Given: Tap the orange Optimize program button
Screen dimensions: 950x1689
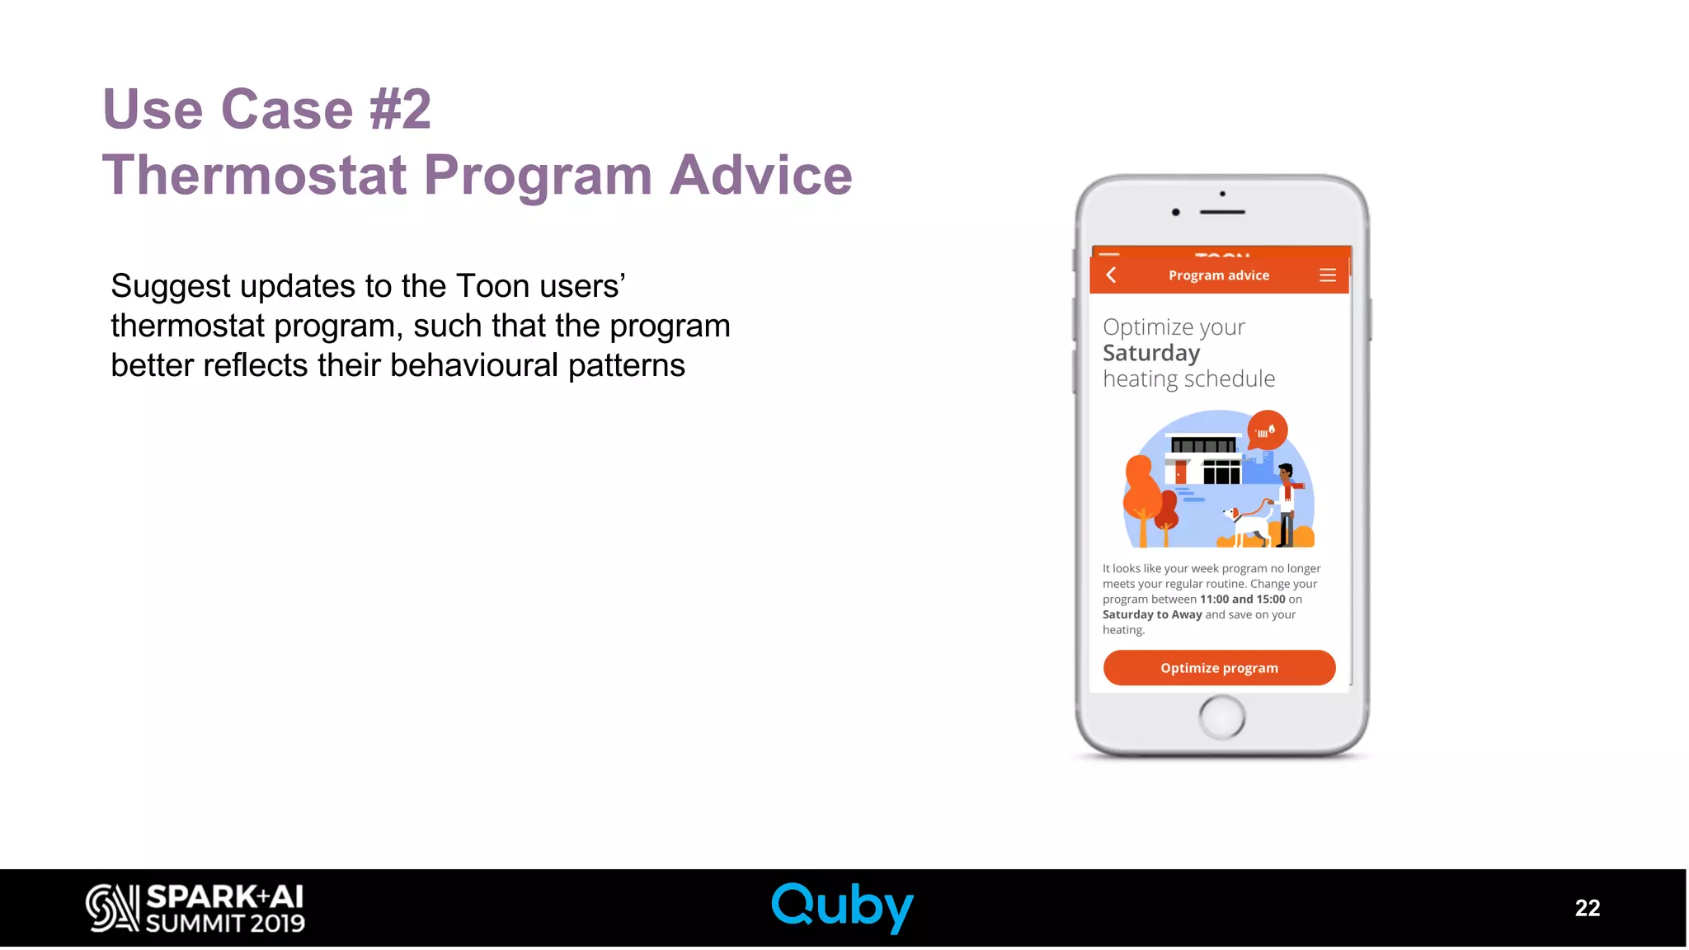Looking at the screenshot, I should pyautogui.click(x=1219, y=668).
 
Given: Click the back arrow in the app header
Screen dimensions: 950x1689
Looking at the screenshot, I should pyautogui.click(x=1112, y=275).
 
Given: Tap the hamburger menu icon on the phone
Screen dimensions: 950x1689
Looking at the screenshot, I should pyautogui.click(x=1327, y=275).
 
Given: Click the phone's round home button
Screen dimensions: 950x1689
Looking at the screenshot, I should pyautogui.click(x=1221, y=717).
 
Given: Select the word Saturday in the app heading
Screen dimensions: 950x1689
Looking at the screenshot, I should pyautogui.click(x=1151, y=353).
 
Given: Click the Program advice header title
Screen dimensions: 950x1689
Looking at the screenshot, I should pyautogui.click(x=1218, y=275).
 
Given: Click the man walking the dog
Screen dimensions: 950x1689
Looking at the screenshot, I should pyautogui.click(x=1287, y=503).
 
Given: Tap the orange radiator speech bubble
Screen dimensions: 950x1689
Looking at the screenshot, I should pyautogui.click(x=1267, y=430).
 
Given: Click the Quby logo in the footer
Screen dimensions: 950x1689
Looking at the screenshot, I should pyautogui.click(x=842, y=906).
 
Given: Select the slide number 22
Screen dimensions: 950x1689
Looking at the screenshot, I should pyautogui.click(x=1587, y=908).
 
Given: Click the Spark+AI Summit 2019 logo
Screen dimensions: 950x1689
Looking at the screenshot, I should pyautogui.click(x=195, y=908).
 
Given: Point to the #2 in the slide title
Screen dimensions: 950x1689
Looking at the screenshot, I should pyautogui.click(x=400, y=109).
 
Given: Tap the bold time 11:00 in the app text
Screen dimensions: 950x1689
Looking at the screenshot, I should pyautogui.click(x=1214, y=600).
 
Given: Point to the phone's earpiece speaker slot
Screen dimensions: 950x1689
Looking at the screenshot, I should pyautogui.click(x=1222, y=212).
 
